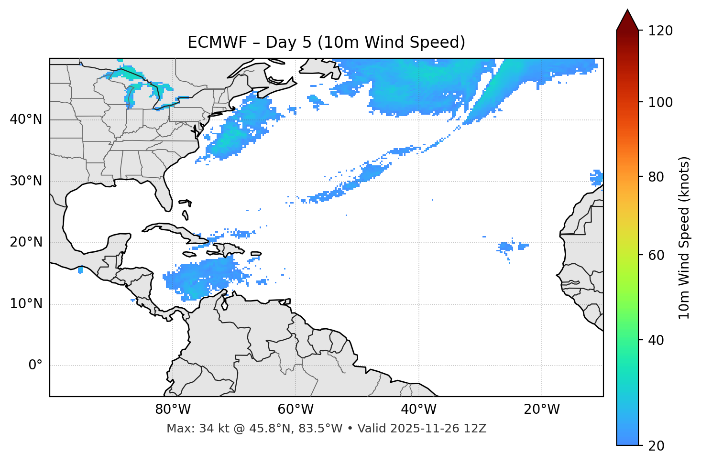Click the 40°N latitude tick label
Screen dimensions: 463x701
pos(26,119)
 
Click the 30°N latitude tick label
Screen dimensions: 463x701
pos(26,181)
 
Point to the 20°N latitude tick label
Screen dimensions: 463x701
pos(26,242)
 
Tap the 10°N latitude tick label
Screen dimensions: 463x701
pos(26,304)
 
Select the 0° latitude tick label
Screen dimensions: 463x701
pos(35,366)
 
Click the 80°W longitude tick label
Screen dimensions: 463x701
pos(173,409)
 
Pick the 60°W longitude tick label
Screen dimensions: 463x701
pos(296,409)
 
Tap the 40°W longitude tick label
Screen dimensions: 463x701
pos(419,409)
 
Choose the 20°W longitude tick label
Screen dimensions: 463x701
pos(542,409)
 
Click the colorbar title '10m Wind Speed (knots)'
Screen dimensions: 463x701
pos(684,238)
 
